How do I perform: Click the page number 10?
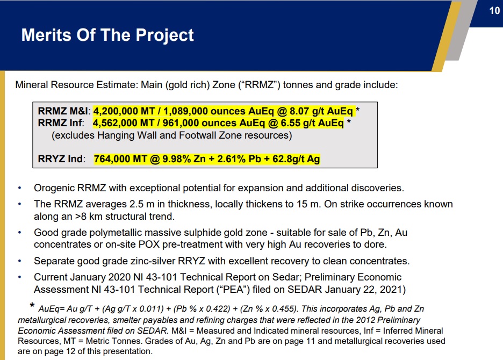tap(494, 11)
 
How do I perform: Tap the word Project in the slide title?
tap(164, 35)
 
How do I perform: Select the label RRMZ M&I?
tap(64, 111)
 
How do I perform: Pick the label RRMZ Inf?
tap(61, 123)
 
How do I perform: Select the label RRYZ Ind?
tap(61, 159)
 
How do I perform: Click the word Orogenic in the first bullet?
tap(54, 188)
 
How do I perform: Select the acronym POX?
tap(149, 244)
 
